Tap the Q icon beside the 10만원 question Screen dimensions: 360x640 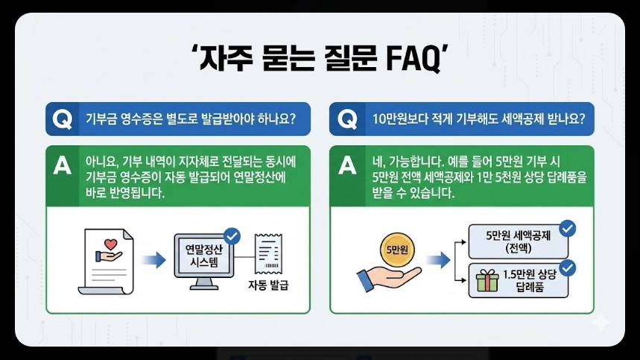pyautogui.click(x=346, y=119)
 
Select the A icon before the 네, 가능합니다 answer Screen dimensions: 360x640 pyautogui.click(x=346, y=165)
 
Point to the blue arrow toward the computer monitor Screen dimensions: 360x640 pyautogui.click(x=152, y=260)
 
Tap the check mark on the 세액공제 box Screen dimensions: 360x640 pyautogui.click(x=567, y=227)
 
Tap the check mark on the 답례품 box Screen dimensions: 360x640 pyautogui.click(x=567, y=266)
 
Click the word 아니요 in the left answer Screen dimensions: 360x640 pyautogui.click(x=101, y=162)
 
